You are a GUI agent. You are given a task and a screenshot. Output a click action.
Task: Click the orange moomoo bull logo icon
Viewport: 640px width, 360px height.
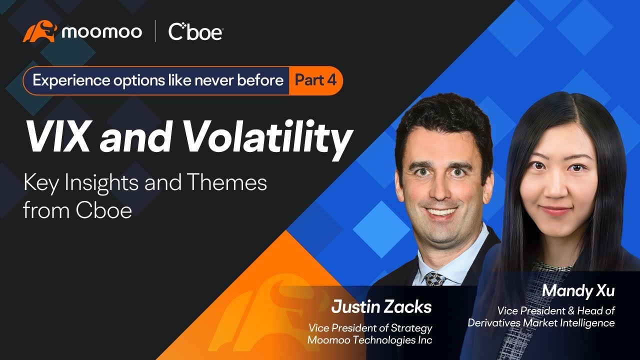pos(40,32)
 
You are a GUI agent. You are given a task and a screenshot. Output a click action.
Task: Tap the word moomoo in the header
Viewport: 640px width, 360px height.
pos(101,32)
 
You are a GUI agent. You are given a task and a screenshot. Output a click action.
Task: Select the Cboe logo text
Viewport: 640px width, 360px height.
pos(195,32)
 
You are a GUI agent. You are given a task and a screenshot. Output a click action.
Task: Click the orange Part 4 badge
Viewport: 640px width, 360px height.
pos(315,80)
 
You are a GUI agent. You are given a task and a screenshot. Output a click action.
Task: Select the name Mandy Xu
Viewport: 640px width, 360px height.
pos(578,290)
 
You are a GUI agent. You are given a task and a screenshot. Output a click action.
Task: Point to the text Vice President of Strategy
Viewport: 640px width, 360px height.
pos(370,328)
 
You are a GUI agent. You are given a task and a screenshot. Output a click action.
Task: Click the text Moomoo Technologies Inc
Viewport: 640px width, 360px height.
pos(370,340)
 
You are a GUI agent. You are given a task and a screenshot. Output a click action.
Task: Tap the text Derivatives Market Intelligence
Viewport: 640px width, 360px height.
pos(541,323)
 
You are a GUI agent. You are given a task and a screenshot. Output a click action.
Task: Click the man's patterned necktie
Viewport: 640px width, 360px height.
pos(434,278)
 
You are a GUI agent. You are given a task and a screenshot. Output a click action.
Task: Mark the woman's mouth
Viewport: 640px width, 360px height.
pos(555,210)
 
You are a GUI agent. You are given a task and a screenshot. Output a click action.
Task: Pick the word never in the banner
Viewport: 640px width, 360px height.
pos(212,80)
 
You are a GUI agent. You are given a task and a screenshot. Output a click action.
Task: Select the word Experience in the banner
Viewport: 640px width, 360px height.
pos(63,80)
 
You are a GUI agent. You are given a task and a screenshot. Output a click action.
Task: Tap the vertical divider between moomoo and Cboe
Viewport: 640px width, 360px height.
pos(155,32)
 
